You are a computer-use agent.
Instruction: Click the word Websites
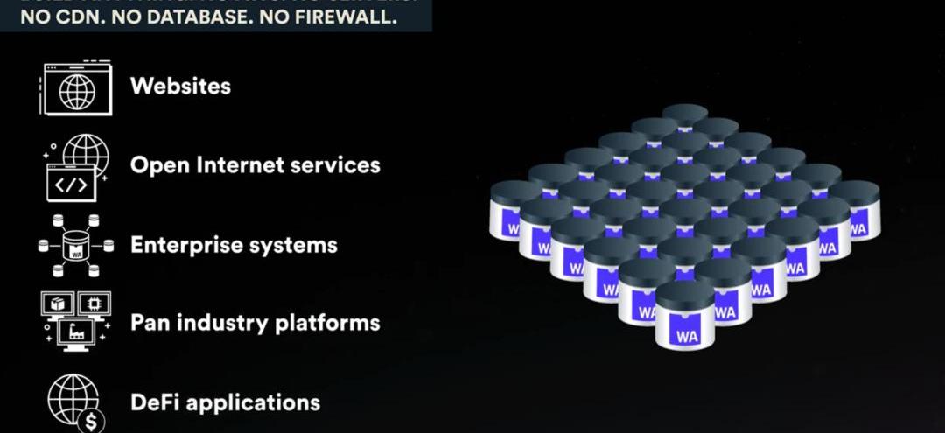[x=180, y=87]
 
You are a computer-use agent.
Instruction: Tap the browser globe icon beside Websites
[x=76, y=87]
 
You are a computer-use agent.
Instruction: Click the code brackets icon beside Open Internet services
[x=71, y=185]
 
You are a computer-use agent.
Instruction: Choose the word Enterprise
[x=185, y=245]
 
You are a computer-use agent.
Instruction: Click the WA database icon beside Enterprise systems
[x=76, y=246]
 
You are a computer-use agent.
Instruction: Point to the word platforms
[x=326, y=323]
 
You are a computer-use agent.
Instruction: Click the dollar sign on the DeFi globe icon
[x=91, y=421]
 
